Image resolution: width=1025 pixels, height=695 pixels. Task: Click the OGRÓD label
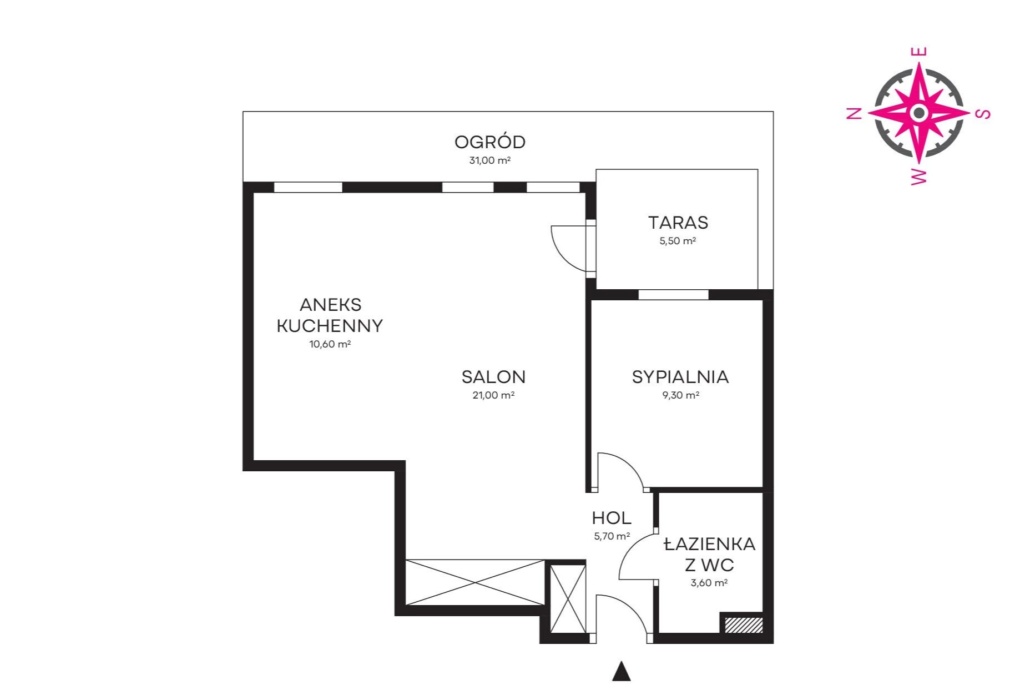click(489, 142)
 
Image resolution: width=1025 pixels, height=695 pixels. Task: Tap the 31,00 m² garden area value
click(489, 160)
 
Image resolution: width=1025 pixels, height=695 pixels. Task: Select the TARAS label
click(678, 223)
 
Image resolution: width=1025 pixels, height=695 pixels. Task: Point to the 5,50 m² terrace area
click(678, 241)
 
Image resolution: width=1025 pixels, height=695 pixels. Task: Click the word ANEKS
click(330, 305)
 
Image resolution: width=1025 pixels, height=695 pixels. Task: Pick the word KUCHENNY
click(330, 326)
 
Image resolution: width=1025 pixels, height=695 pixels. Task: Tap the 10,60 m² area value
click(330, 344)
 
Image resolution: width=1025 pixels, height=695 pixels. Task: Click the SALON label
click(493, 377)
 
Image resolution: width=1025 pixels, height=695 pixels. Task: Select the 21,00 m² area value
click(493, 395)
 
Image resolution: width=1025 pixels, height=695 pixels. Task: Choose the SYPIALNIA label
click(680, 377)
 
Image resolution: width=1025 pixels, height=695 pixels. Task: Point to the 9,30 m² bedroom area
click(680, 395)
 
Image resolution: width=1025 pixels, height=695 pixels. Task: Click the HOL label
click(612, 518)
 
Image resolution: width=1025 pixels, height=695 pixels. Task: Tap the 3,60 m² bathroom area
click(709, 583)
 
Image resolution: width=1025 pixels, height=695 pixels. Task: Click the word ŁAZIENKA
click(710, 544)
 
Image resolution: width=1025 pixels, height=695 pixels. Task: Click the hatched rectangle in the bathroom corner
click(744, 625)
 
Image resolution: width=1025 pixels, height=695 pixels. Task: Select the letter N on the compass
click(855, 113)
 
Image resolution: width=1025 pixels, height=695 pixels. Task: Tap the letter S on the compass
click(983, 114)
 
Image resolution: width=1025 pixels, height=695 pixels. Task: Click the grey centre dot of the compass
click(919, 113)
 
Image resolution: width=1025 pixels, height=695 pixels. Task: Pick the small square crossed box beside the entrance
click(568, 598)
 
